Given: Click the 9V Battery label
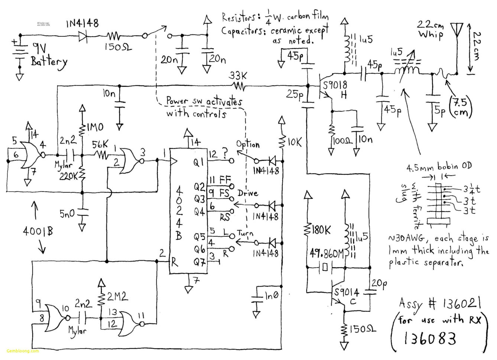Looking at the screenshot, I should pos(48,55).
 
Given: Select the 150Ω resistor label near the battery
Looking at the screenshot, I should pos(118,48).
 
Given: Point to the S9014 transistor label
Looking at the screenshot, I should pos(346,292).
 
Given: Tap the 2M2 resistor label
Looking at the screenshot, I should pos(117,296).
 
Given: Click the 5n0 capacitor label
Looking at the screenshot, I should pos(67,213).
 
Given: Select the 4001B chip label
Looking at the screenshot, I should pos(38,231).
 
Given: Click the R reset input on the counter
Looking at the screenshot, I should pos(174,262).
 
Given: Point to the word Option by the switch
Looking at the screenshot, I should pos(248,144).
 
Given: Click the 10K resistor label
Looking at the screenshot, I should pos(294,142).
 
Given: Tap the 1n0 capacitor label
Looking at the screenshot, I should pos(271,295).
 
